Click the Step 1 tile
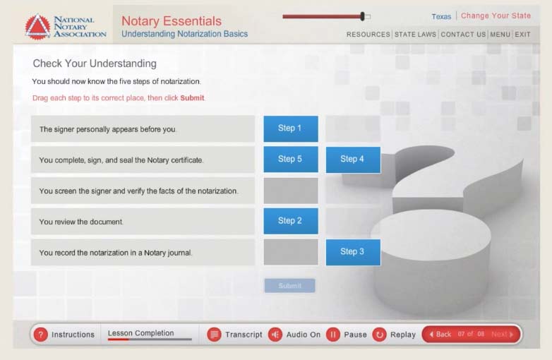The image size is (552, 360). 291,128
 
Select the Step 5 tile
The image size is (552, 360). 291,160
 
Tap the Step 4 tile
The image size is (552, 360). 353,160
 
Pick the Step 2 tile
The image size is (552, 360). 291,221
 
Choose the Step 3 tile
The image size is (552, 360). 353,252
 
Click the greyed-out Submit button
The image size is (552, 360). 289,286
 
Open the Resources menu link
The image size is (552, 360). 368,35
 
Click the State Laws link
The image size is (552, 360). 415,35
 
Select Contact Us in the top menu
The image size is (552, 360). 463,35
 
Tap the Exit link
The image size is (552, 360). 522,35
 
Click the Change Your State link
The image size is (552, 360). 496,16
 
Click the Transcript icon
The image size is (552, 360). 215,335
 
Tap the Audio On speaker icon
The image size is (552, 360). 275,335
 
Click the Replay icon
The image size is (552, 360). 380,335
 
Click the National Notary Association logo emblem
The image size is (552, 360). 37,27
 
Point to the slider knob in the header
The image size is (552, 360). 362,16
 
